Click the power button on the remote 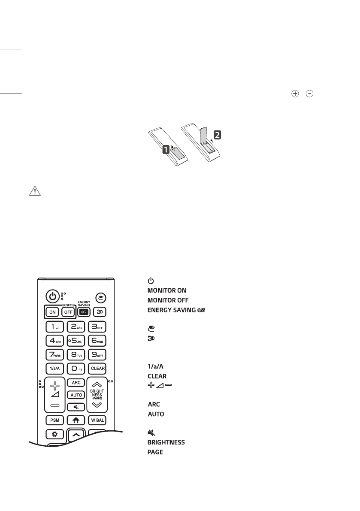coord(52,296)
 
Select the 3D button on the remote coord(98,312)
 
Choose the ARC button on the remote coord(75,383)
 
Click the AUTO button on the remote coord(75,394)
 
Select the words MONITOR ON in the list coord(166,290)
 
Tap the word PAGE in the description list coord(155,452)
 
